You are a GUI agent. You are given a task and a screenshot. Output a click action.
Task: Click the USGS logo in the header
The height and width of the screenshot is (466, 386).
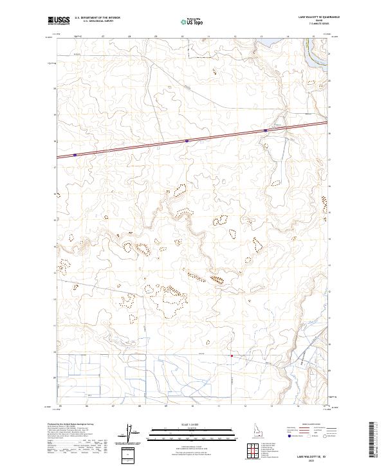pos(59,21)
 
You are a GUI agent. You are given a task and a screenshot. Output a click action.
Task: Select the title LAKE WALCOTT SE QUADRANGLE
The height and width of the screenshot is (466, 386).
pos(318,17)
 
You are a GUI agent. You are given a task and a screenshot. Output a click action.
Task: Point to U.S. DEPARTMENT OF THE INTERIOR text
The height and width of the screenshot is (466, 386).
pos(97,18)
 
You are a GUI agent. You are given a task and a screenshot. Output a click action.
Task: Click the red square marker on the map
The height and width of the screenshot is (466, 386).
pos(232,354)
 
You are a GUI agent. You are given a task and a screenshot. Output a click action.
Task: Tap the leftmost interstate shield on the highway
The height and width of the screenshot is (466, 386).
pos(75,154)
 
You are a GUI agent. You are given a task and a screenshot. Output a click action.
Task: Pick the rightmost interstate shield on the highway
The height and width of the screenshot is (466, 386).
pos(265,130)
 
